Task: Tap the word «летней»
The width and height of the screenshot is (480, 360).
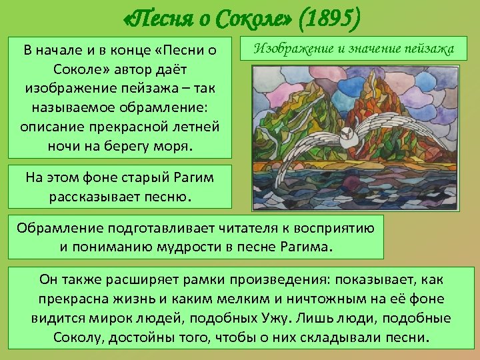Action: click(195, 127)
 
